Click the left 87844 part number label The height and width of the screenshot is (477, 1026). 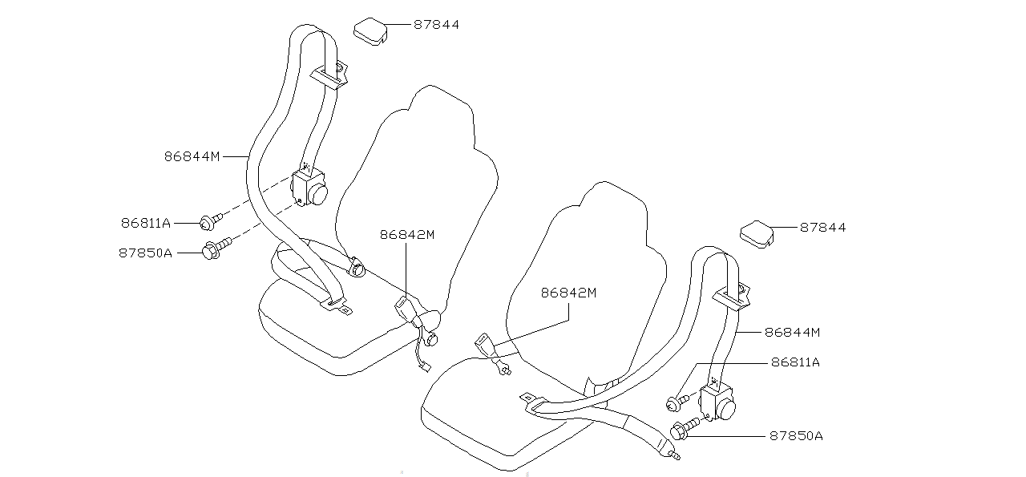[x=436, y=25]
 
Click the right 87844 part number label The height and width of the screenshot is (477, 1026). [x=822, y=228]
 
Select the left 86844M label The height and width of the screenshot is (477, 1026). [x=192, y=157]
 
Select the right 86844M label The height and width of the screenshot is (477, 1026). [x=792, y=331]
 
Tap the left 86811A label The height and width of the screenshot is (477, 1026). [x=146, y=223]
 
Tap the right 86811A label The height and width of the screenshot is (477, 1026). [x=795, y=362]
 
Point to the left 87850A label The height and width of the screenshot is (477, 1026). [x=145, y=253]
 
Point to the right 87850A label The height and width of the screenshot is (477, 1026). [x=796, y=436]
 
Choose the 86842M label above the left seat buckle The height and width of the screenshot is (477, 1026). [x=407, y=235]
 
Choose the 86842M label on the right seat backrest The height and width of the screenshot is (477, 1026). [x=568, y=293]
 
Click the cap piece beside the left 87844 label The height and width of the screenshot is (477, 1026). [x=370, y=31]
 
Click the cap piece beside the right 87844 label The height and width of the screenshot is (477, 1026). [x=756, y=232]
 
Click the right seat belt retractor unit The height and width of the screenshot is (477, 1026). [x=718, y=402]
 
